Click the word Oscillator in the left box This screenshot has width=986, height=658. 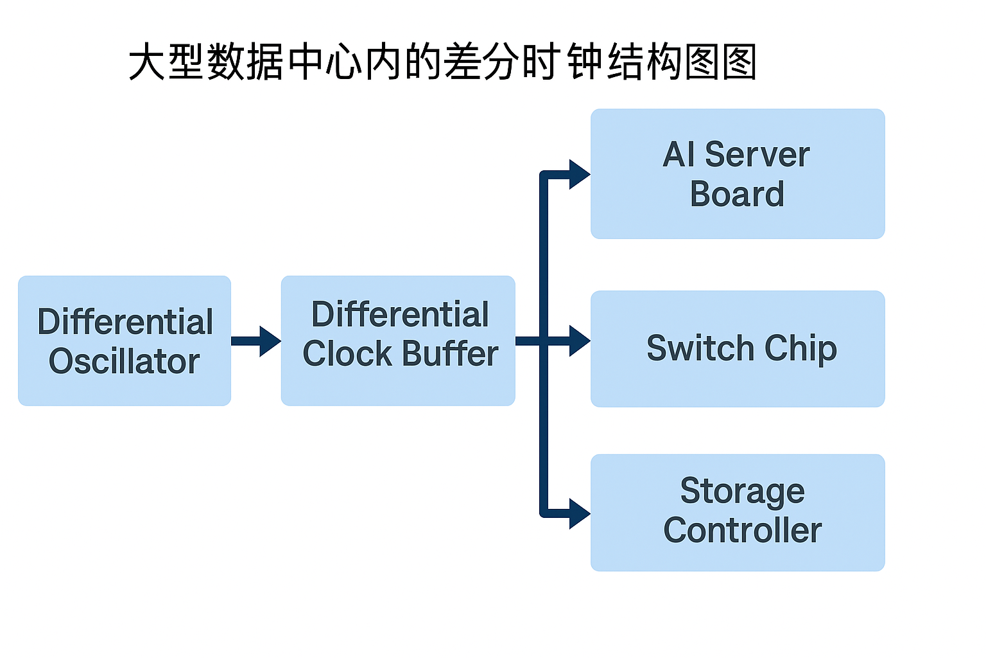pos(124,361)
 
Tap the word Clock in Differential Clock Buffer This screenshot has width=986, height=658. pos(347,354)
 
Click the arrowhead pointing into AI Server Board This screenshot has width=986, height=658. pos(579,174)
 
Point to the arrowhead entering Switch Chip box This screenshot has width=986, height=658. pos(579,341)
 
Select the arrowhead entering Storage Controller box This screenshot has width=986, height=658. pos(579,513)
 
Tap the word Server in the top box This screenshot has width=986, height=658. pos(757,155)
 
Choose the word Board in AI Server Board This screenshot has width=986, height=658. pos(737,194)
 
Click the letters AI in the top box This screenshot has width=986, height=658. pos(679,155)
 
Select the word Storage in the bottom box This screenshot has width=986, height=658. pos(742,492)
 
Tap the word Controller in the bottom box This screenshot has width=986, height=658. pos(742,531)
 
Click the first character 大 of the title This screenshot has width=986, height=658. pos(148,62)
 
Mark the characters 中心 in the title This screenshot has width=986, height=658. pos(325,62)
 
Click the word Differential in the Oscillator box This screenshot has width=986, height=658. pos(125,322)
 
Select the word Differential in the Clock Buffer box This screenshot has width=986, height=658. pos(400,315)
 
